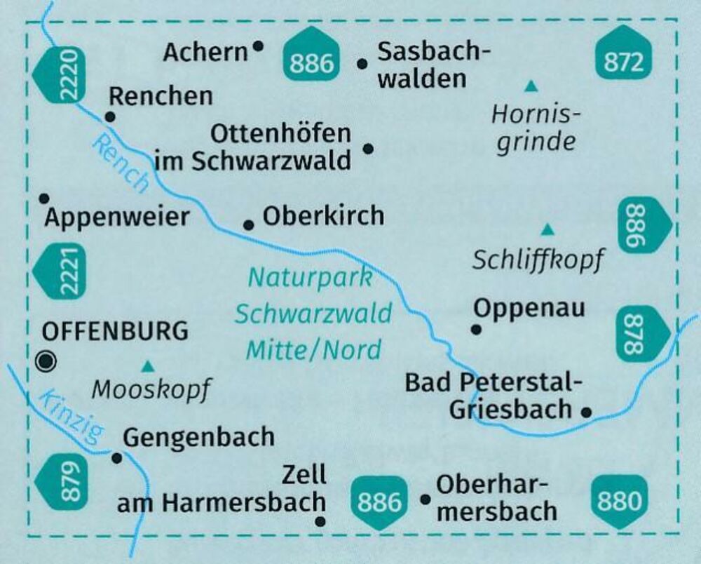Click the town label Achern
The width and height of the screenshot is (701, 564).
pos(205,52)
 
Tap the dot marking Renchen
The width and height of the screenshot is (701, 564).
pos(110,117)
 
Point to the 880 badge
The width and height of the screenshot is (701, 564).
pos(620,502)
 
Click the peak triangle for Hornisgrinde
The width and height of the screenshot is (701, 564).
pos(531,87)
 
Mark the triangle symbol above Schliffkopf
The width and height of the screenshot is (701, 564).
pos(547,229)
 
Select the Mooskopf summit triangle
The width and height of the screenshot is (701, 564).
pos(148,365)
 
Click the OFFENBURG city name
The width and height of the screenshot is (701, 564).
pos(115,330)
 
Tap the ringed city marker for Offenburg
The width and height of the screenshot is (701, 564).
pos(48,361)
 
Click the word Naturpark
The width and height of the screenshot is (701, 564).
pos(311,278)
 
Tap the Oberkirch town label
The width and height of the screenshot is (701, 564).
pos(323,216)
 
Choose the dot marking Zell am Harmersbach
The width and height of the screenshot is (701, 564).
pos(321,521)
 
